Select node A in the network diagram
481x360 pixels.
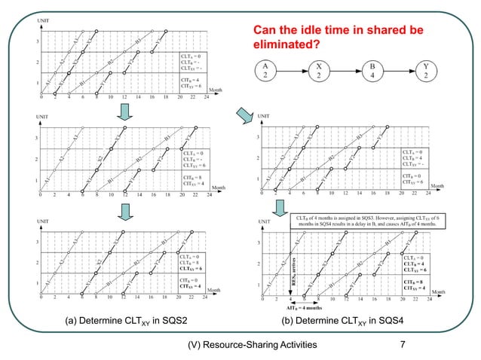[265, 72]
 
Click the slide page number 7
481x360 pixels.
[403, 345]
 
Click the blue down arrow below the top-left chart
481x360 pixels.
[126, 112]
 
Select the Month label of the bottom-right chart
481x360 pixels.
[440, 291]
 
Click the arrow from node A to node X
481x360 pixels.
[292, 72]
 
